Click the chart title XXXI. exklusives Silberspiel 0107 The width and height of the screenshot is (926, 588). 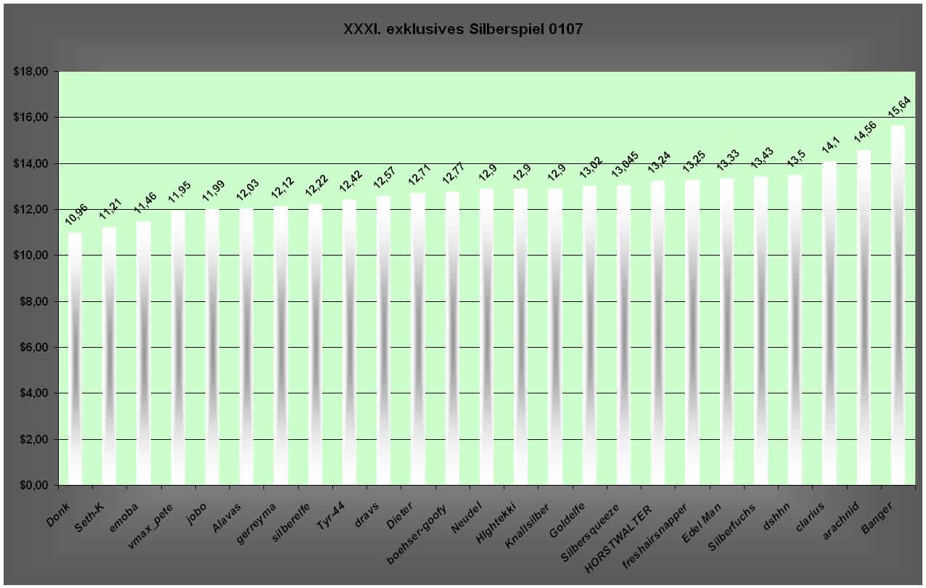[462, 30]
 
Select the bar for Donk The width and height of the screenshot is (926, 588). [75, 359]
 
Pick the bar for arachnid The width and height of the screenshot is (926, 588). [864, 317]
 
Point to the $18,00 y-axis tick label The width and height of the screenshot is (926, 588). [30, 72]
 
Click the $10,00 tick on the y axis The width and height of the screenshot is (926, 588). [30, 256]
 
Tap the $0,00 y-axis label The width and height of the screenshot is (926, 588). [33, 485]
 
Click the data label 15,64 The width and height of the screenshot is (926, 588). [899, 107]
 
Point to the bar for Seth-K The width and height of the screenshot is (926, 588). [109, 356]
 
